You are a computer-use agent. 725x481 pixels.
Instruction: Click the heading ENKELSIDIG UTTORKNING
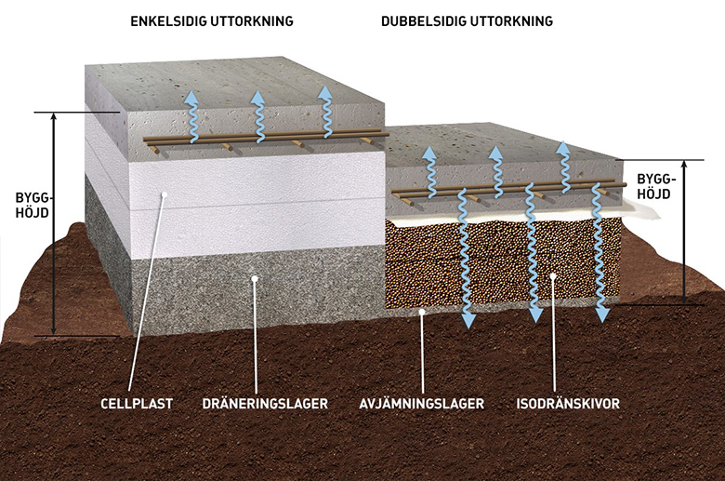pos(212,21)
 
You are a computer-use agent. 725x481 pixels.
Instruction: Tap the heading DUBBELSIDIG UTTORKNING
pos(467,21)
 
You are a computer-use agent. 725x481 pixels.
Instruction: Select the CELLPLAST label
pos(137,404)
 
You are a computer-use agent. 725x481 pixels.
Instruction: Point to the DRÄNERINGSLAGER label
pos(265,404)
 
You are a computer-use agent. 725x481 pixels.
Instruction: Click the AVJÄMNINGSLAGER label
pos(422,404)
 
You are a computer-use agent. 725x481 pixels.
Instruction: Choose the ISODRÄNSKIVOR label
pos(568,404)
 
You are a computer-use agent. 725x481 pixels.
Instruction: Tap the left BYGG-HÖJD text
pos(33,205)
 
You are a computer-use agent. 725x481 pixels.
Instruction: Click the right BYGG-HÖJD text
pos(656,186)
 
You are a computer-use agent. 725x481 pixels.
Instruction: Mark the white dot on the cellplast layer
pos(164,194)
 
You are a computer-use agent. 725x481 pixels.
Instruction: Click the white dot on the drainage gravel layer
pos(254,278)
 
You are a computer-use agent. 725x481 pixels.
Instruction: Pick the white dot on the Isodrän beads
pos(552,276)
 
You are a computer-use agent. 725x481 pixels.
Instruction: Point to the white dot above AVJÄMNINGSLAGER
pos(422,312)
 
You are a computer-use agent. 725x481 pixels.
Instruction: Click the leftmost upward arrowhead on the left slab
pos(191,97)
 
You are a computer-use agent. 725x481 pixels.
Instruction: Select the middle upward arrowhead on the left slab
pos(257,97)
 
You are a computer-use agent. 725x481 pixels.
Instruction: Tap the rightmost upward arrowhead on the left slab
pos(326,92)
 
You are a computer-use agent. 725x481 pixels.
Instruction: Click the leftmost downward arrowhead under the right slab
pos(468,320)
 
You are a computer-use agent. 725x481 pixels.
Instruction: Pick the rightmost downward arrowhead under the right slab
pos(602,314)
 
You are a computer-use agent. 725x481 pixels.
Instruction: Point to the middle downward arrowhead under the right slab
pos(535,314)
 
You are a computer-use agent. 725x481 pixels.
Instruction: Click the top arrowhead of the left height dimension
pos(54,116)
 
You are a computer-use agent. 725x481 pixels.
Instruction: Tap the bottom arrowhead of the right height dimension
pos(685,300)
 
